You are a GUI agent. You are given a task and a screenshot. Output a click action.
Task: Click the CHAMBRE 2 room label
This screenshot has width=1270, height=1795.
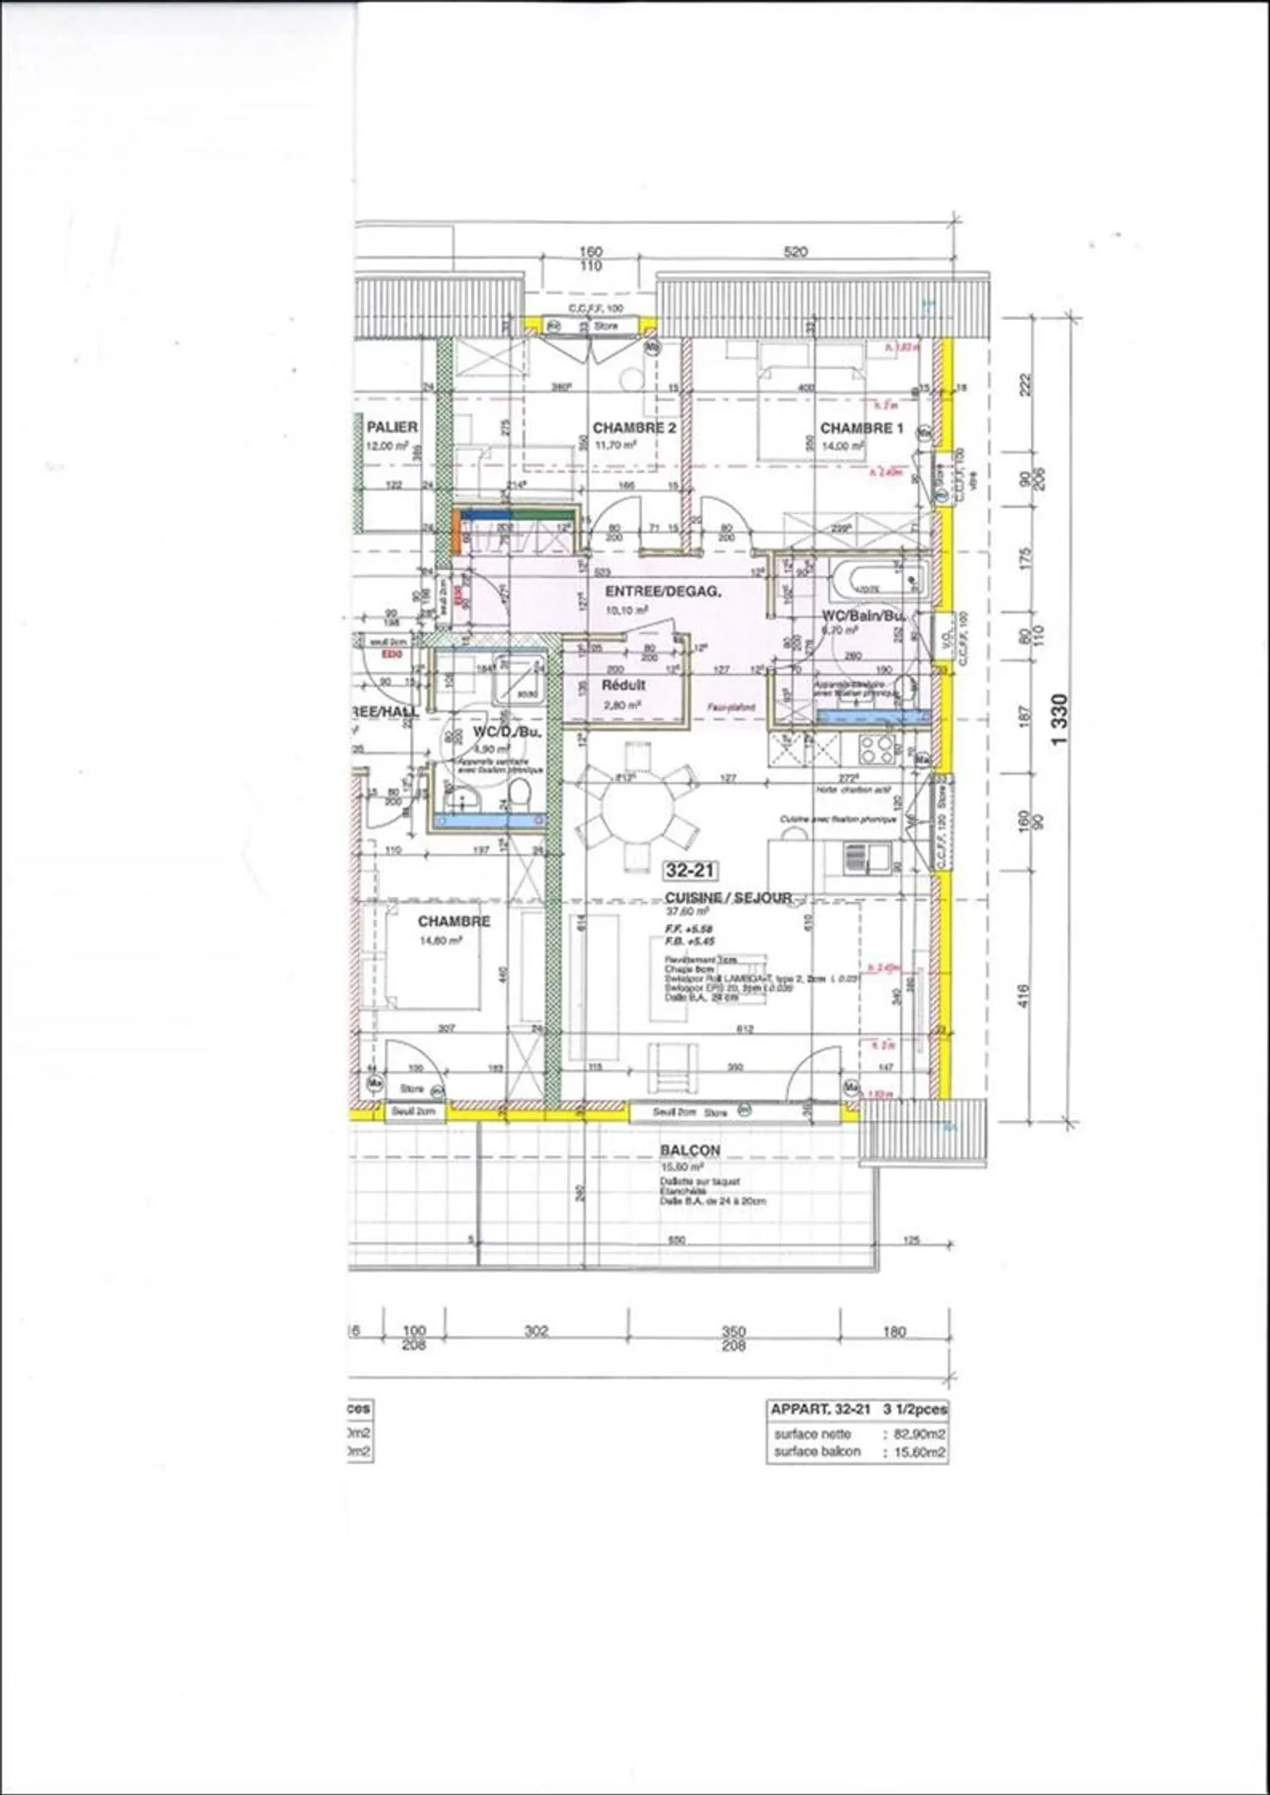pyautogui.click(x=633, y=428)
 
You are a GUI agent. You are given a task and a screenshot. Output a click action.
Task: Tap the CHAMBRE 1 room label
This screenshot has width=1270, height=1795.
pyautogui.click(x=861, y=428)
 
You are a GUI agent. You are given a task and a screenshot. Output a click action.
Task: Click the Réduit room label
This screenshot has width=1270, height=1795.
pyautogui.click(x=624, y=684)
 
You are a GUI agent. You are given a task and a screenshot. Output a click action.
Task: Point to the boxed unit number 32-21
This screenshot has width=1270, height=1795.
pyautogui.click(x=690, y=871)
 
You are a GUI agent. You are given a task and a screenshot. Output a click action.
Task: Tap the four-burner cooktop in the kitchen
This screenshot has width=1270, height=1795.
pyautogui.click(x=878, y=751)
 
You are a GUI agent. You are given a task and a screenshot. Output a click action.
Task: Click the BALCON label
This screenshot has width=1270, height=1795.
pyautogui.click(x=690, y=1150)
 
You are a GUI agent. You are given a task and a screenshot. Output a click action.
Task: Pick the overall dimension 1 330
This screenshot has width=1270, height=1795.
pyautogui.click(x=1061, y=719)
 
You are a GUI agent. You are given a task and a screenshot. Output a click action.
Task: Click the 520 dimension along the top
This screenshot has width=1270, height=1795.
pyautogui.click(x=795, y=252)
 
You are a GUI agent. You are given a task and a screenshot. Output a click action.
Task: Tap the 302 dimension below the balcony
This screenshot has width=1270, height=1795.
pyautogui.click(x=536, y=1330)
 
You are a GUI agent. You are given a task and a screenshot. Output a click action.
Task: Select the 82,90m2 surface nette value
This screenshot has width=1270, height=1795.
pyautogui.click(x=920, y=1433)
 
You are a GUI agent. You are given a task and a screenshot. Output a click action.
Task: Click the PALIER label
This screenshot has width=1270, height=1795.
pyautogui.click(x=392, y=427)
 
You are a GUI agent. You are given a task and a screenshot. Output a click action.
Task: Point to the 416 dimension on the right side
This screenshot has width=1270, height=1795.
pyautogui.click(x=1023, y=997)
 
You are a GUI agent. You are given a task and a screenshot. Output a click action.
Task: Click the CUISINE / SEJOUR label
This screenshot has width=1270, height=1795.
pyautogui.click(x=728, y=897)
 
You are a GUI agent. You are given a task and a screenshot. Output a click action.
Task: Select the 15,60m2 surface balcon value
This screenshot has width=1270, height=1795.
pyautogui.click(x=920, y=1451)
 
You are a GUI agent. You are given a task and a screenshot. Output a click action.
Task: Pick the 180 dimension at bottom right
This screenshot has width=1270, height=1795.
pyautogui.click(x=894, y=1331)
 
